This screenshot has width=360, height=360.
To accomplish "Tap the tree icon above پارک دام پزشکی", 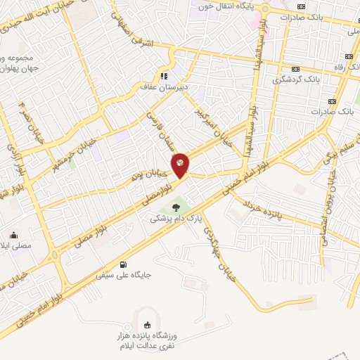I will point(175,207).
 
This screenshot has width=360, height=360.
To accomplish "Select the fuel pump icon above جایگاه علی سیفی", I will point(124,264).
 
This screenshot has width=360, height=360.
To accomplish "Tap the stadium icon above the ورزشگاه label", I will point(146,324).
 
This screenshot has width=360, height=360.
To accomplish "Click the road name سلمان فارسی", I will point(160,129).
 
